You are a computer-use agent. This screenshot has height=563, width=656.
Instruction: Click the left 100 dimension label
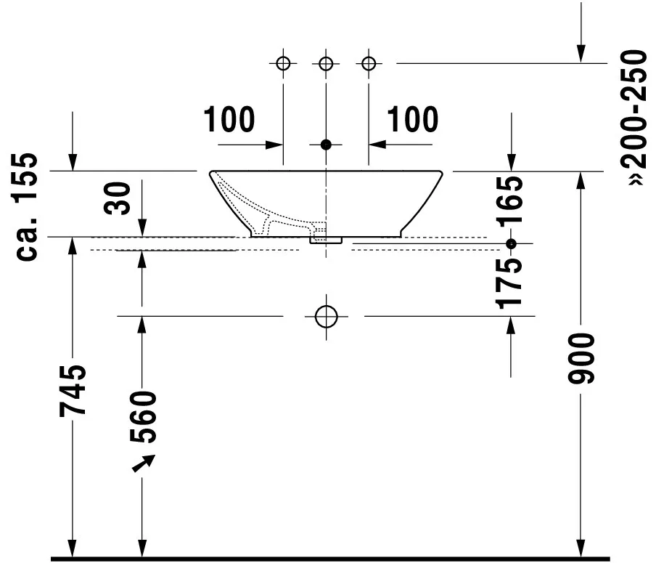[229, 120]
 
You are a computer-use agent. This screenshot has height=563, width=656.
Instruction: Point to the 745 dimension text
[74, 390]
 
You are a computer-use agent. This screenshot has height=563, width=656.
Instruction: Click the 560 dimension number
[142, 418]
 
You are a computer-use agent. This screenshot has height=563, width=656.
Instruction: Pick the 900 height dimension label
[581, 359]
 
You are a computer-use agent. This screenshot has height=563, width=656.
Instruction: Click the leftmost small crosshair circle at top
[283, 63]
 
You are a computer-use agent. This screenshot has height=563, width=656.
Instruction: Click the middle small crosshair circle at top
[326, 63]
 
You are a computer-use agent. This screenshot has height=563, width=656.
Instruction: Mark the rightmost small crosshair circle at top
[369, 63]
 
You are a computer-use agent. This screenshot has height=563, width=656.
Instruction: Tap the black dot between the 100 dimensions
[326, 145]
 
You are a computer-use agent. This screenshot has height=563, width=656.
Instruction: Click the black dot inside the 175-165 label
[512, 243]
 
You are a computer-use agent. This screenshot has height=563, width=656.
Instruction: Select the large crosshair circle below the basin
[327, 316]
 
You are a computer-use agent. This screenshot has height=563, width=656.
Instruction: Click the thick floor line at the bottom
[327, 559]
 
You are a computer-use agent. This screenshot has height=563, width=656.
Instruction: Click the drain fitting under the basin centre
[326, 238]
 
